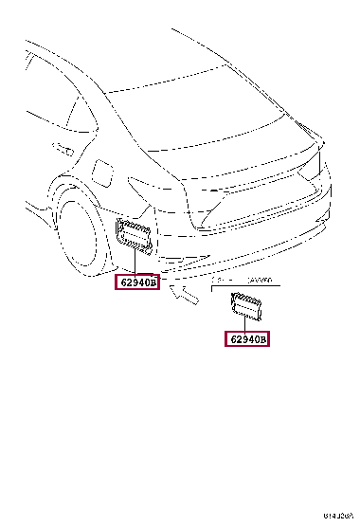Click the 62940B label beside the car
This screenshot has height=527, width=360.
138,282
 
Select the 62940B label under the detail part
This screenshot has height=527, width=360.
246,338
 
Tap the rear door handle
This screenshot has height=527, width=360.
63,149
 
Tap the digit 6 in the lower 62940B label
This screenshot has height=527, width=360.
230,338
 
